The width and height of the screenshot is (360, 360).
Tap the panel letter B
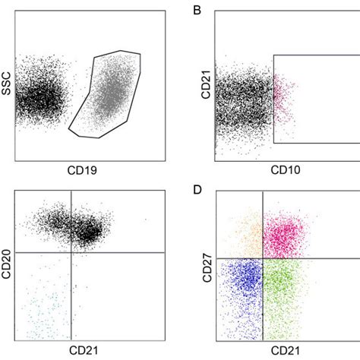tap(198, 11)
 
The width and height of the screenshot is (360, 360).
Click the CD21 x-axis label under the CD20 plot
tap(84, 351)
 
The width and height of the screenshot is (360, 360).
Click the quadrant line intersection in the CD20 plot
tap(71, 252)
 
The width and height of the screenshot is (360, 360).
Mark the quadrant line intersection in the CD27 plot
tap(263, 258)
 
